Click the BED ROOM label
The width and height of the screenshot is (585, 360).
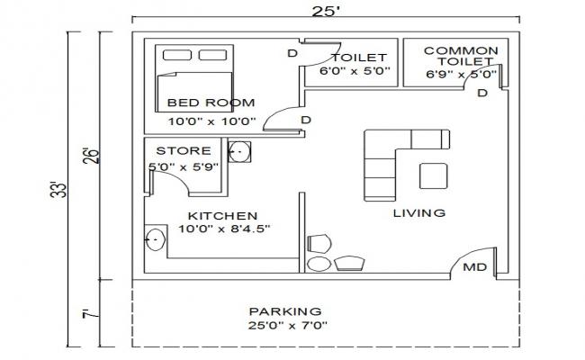211,103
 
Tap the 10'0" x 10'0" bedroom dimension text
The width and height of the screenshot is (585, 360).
212,120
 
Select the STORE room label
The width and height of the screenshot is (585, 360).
184,150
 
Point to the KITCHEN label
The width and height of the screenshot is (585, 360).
222,216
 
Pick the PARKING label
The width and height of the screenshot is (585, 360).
285,310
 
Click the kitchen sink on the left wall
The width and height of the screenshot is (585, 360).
155,239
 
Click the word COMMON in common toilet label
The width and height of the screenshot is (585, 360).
459,50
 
